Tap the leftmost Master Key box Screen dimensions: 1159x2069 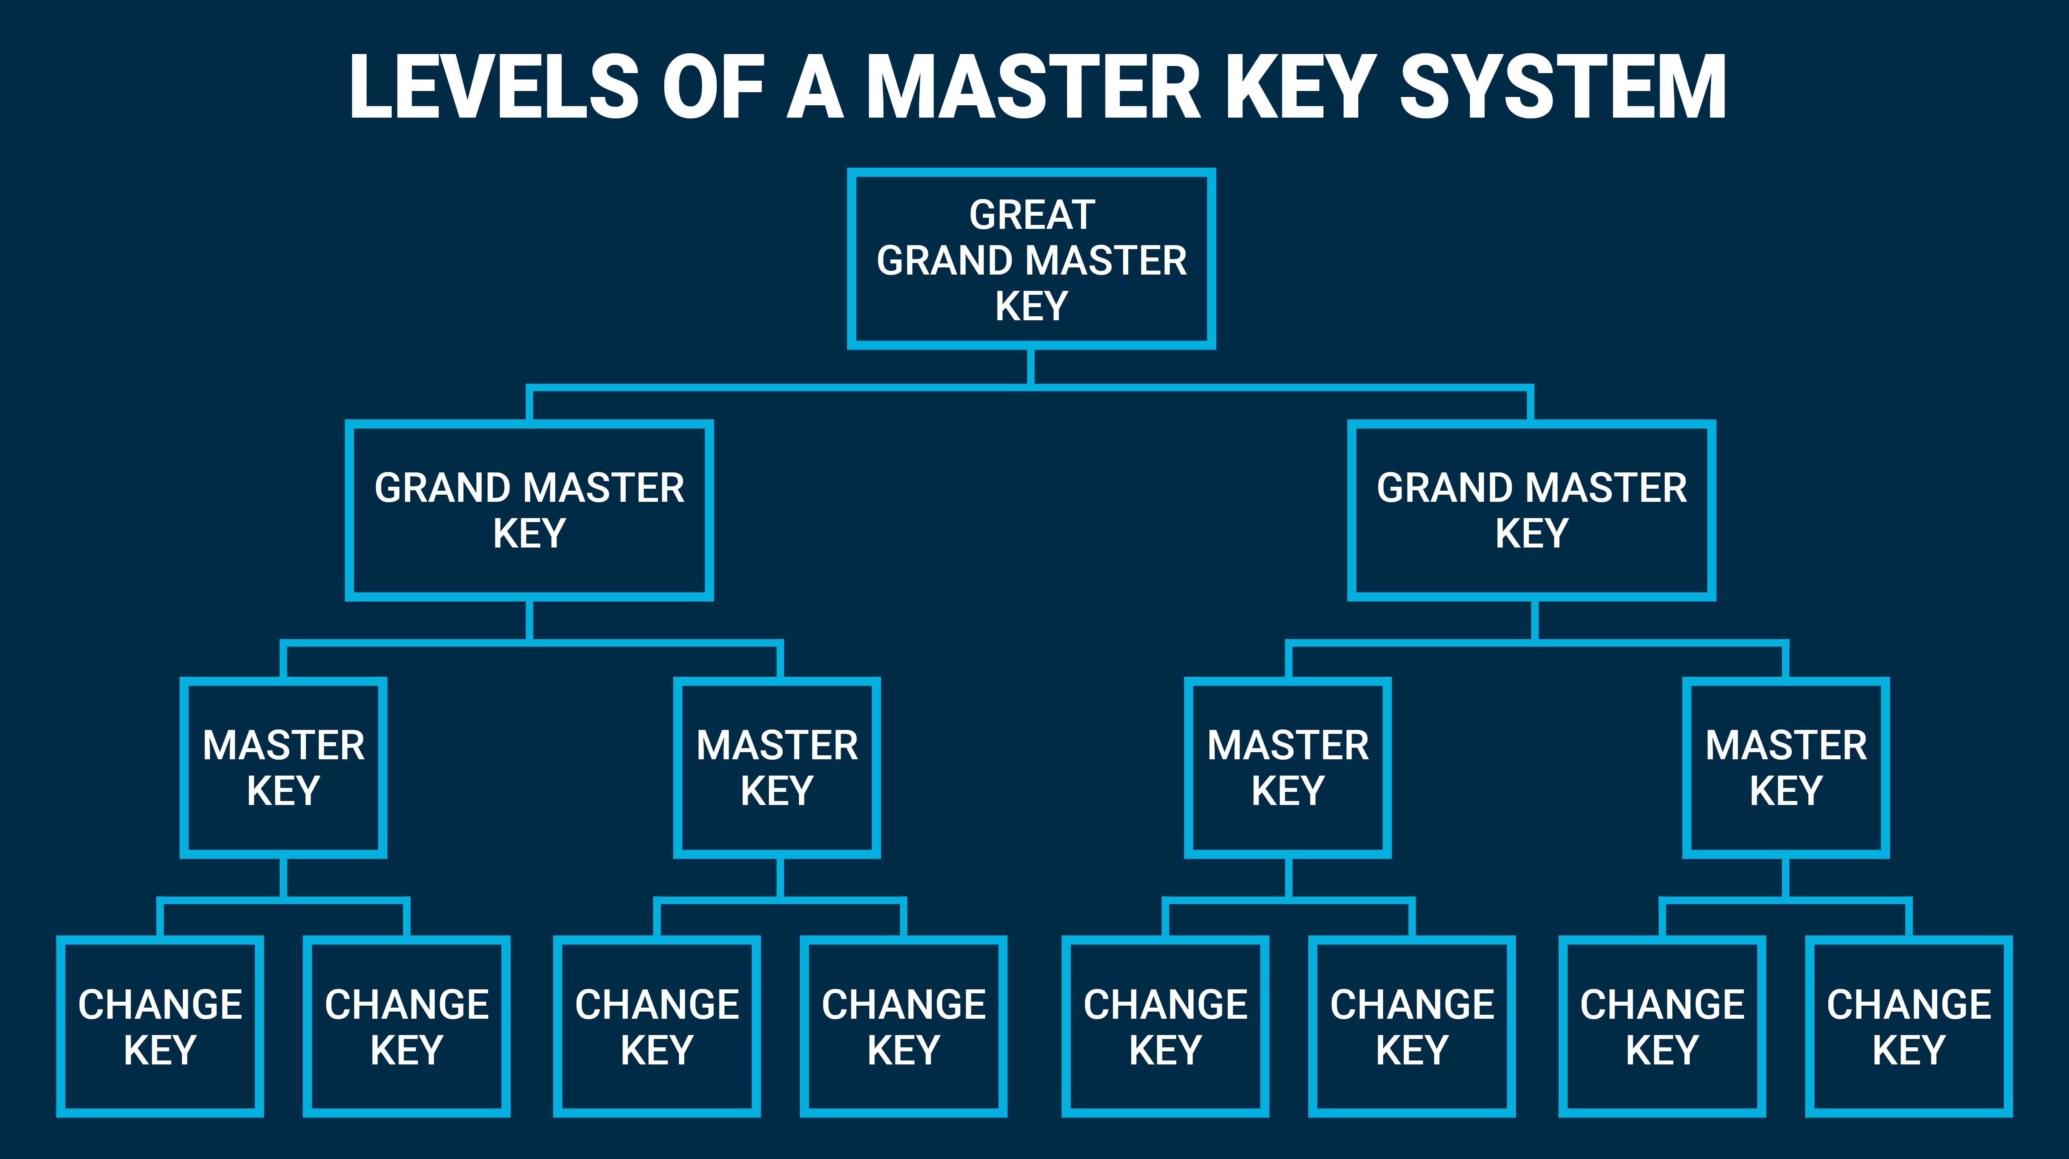point(284,768)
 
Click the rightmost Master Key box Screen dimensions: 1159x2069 point(1785,768)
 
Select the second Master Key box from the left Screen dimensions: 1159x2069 point(777,768)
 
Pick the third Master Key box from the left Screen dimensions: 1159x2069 point(1288,768)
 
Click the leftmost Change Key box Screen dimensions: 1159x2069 point(160,1026)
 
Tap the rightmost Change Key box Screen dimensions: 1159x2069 point(1909,1026)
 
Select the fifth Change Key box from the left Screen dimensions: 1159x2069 point(1166,1026)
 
